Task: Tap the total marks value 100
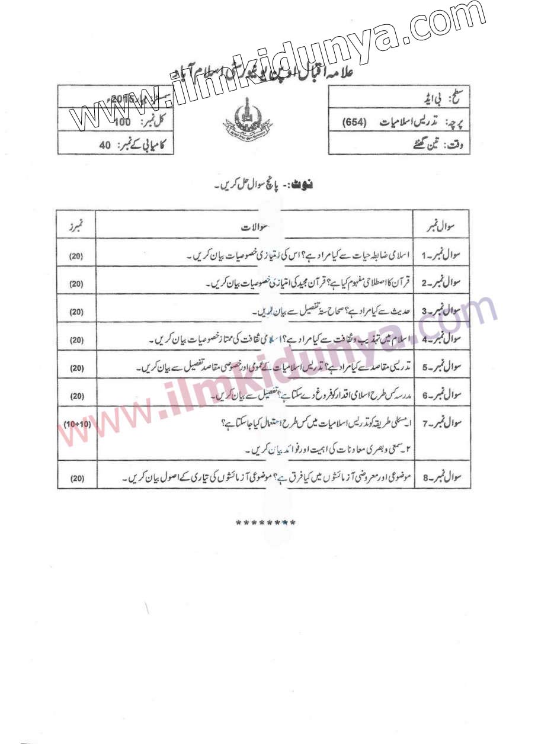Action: click(122, 123)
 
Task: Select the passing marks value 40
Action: click(105, 145)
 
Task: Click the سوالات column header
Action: click(255, 227)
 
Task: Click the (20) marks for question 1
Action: click(76, 256)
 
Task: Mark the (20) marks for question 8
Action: click(76, 477)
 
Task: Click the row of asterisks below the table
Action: click(265, 523)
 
